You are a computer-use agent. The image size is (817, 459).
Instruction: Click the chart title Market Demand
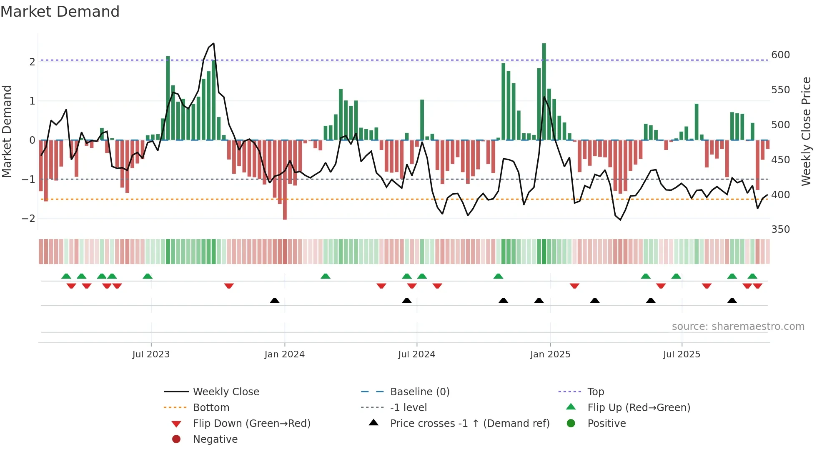tap(60, 12)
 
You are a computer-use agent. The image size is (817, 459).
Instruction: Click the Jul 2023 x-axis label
tap(151, 354)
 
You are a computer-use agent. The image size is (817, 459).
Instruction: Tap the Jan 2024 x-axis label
tap(284, 354)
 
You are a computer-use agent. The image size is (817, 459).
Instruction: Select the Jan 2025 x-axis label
tap(550, 354)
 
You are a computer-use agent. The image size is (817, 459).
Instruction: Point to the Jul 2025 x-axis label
tap(682, 354)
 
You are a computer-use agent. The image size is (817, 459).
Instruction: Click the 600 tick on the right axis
tap(780, 55)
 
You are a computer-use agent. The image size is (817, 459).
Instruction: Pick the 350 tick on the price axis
tap(780, 229)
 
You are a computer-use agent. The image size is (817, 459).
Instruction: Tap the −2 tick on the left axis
tap(28, 218)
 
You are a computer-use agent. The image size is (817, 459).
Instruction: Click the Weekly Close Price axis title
tap(806, 131)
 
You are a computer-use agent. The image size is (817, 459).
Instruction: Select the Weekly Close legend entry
tap(226, 392)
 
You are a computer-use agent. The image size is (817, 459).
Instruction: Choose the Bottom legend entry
tap(211, 408)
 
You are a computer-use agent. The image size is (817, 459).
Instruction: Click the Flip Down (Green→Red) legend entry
tap(251, 424)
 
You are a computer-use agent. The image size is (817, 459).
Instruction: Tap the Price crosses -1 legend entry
tap(469, 424)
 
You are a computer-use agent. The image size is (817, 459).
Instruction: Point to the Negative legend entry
tap(215, 439)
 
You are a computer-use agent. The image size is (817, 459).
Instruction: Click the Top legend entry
tap(595, 392)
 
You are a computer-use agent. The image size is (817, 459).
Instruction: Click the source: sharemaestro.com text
tap(738, 327)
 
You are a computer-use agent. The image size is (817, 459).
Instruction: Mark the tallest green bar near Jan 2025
tap(544, 92)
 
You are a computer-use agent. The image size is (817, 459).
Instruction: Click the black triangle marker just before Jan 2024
tap(275, 300)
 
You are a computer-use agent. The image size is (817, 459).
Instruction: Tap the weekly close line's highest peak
tap(213, 43)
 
